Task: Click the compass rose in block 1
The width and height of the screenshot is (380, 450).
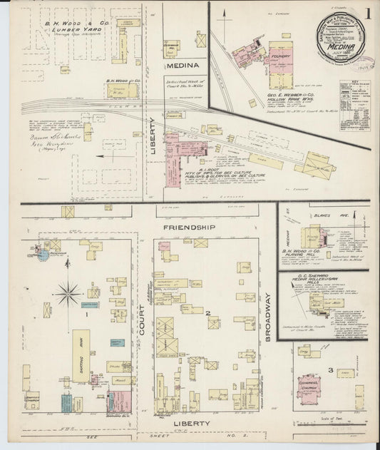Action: (x=69, y=292)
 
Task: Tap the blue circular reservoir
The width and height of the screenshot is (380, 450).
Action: (x=43, y=255)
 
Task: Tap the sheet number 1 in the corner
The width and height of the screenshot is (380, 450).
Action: (x=367, y=13)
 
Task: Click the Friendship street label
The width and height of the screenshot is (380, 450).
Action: (x=189, y=227)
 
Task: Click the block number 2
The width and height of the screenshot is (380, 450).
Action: (x=207, y=312)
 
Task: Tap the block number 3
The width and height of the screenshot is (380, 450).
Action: (x=330, y=369)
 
